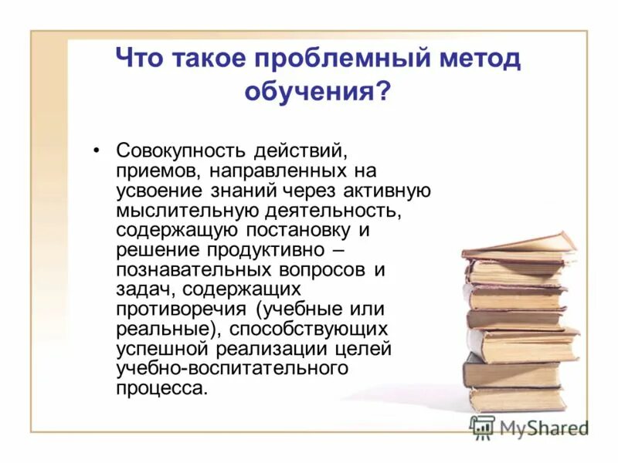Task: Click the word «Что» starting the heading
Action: point(139,59)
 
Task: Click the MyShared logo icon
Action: point(483,427)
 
